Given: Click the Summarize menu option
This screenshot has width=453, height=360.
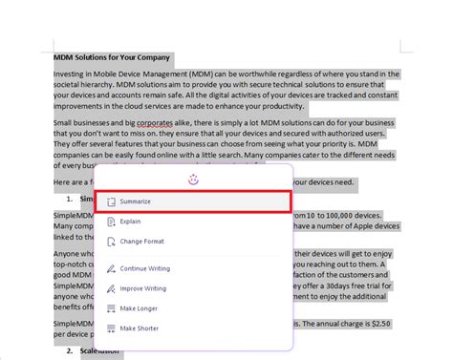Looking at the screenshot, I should pos(135,201).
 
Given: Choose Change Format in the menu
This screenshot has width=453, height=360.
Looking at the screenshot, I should pos(143,241).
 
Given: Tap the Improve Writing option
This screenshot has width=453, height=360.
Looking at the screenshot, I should pos(143,288).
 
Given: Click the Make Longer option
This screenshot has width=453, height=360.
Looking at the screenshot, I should pos(139,308).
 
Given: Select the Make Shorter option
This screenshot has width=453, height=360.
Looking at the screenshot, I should pos(140,328).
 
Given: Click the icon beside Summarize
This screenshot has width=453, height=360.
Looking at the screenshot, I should pos(111,201).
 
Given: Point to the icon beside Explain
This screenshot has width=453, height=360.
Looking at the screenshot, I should pos(111,221).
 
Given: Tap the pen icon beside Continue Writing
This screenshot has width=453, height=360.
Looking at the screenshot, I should pos(111,268).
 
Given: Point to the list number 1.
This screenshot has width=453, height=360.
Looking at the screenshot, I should pos(71,198).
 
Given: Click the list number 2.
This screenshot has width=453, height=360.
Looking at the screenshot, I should pos(71,350).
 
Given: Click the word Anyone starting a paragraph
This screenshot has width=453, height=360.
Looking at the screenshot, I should pos(69,254).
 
